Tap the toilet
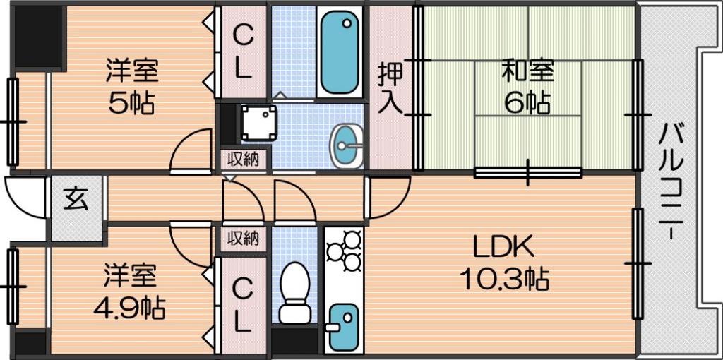(294, 292)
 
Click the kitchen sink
(344, 326)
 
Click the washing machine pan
(259, 123)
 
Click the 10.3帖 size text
(503, 278)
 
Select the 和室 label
(528, 71)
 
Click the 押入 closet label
(390, 89)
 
